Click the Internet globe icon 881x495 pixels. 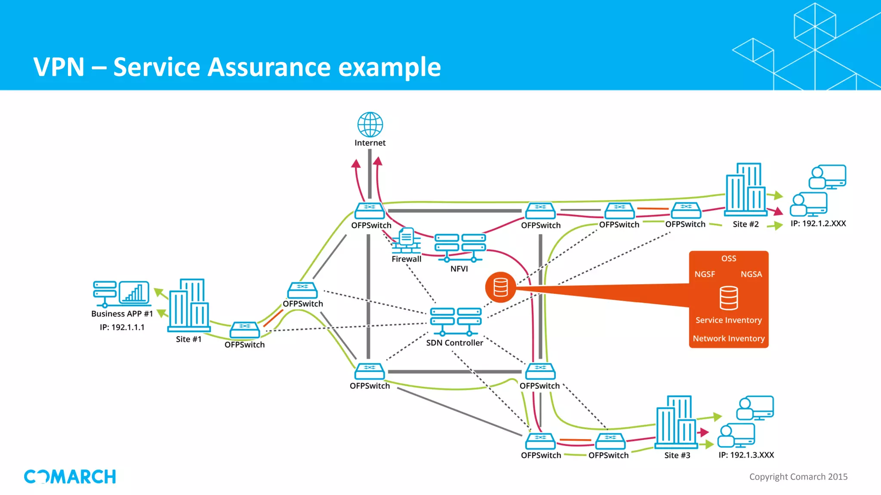[x=370, y=125]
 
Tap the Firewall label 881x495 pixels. [x=406, y=259]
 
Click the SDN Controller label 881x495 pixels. [x=454, y=343]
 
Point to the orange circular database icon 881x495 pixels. [x=500, y=287]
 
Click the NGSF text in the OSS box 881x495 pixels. [x=705, y=274]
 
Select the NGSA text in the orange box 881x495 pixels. [x=751, y=274]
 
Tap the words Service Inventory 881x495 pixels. [x=728, y=320]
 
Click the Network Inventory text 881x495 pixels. [x=728, y=339]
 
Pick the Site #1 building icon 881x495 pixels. [x=189, y=305]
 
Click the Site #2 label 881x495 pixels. [x=745, y=224]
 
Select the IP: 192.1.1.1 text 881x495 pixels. [x=122, y=327]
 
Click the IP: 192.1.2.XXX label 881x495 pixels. [x=818, y=223]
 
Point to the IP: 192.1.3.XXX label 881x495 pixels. [x=746, y=455]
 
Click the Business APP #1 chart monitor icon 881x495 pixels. [x=134, y=292]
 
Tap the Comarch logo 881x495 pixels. [x=70, y=477]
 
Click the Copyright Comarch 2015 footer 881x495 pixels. [x=798, y=477]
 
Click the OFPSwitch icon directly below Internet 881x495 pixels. [x=370, y=211]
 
